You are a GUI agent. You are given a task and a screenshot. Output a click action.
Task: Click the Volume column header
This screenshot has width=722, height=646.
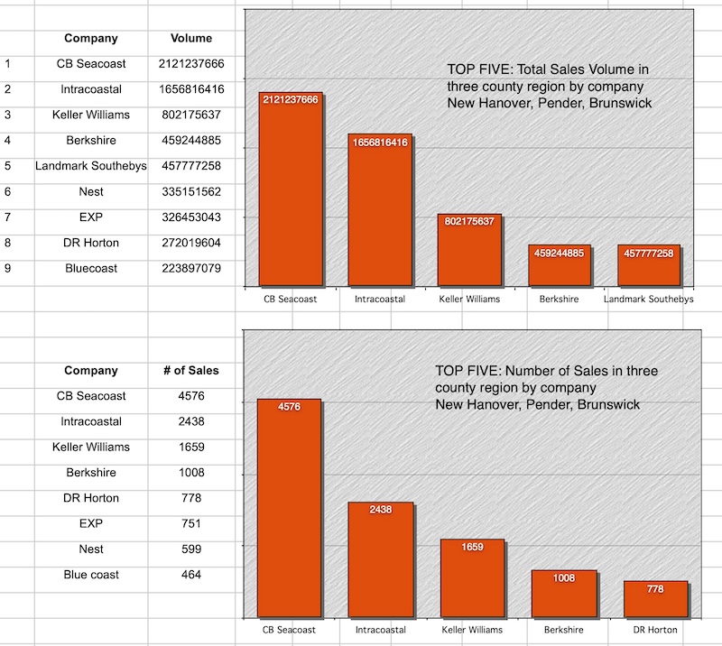[x=191, y=38]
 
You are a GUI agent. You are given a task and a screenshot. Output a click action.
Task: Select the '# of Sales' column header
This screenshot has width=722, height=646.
[x=191, y=370]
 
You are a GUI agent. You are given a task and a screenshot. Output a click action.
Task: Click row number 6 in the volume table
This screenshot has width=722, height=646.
[x=7, y=191]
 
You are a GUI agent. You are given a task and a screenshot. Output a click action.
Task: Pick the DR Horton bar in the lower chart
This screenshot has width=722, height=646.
[x=655, y=601]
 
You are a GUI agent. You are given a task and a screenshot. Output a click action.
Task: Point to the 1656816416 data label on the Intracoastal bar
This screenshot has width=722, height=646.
[x=380, y=143]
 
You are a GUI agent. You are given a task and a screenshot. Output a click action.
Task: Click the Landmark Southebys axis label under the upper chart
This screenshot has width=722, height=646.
[x=648, y=299]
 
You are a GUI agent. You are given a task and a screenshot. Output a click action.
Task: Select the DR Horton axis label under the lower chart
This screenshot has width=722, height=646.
[x=655, y=629]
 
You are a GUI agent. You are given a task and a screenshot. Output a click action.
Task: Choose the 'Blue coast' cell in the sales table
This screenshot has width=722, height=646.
[x=90, y=575]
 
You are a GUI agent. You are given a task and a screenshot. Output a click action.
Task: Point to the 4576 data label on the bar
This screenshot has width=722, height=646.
[x=290, y=407]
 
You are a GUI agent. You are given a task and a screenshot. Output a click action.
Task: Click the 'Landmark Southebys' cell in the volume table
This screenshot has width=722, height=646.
[x=90, y=166]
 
